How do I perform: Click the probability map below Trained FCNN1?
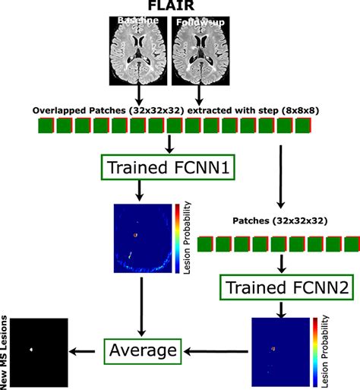(141, 237)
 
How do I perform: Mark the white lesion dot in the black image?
(31, 350)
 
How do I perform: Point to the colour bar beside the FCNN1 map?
(177, 237)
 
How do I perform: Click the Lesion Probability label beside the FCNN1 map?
(188, 237)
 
